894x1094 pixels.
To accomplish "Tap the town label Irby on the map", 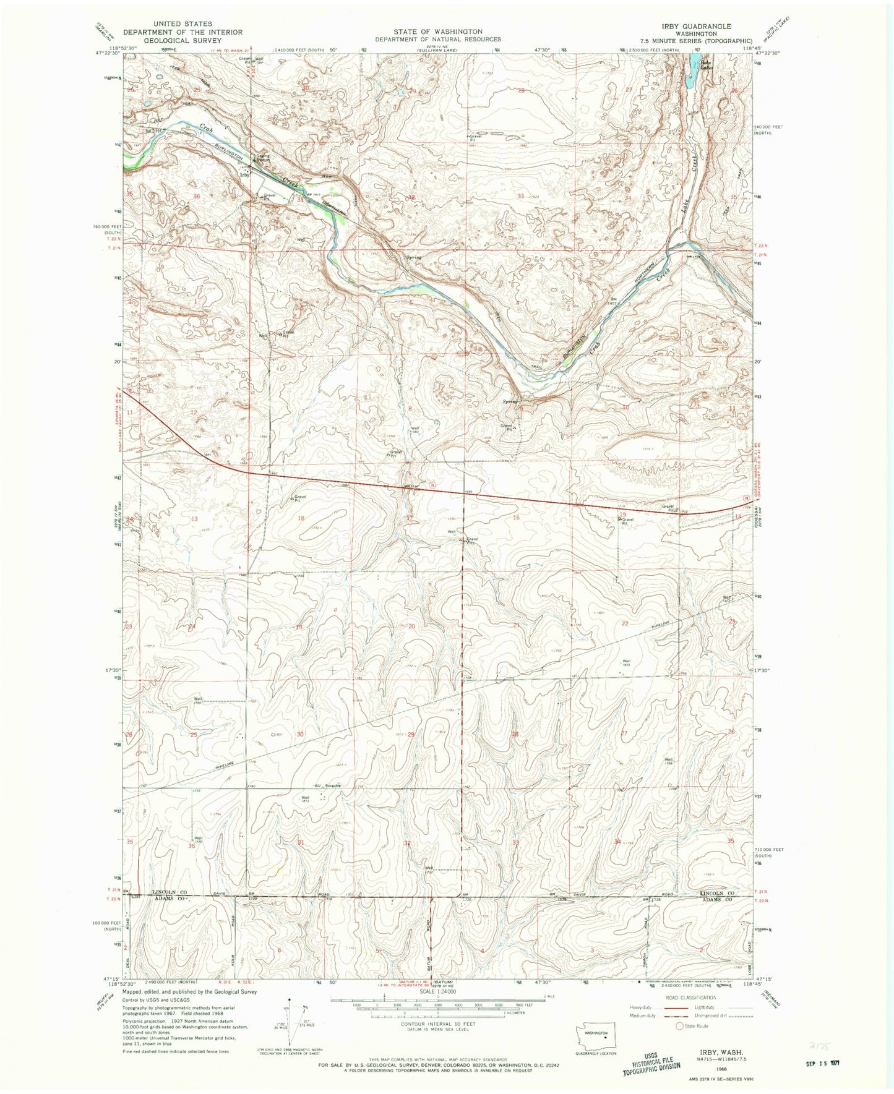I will point(245,176).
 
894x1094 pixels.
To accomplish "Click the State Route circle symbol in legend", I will point(679,1026).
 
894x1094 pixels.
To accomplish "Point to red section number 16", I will point(516,518).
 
